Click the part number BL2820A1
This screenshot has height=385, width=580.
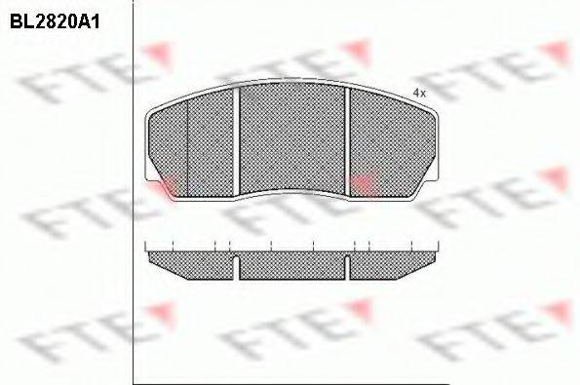55,22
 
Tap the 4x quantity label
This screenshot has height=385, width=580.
419,94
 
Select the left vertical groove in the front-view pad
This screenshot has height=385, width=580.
236,140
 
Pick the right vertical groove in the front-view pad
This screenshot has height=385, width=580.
347,140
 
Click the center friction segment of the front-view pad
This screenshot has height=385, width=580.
291,136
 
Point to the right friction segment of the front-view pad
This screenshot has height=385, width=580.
392,142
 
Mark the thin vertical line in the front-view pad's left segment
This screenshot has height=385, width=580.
187,148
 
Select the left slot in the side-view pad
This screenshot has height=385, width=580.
236,267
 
